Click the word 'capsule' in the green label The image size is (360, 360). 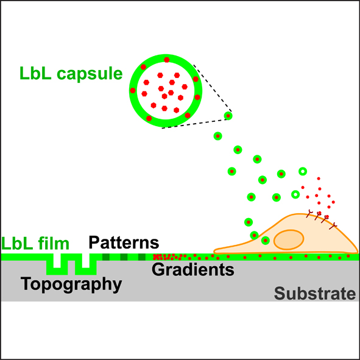click(x=90, y=74)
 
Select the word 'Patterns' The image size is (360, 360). click(x=124, y=242)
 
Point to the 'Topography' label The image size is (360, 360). click(x=71, y=284)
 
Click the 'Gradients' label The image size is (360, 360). click(x=193, y=269)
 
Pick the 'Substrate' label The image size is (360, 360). click(x=315, y=293)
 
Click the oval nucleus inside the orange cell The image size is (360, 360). click(x=289, y=239)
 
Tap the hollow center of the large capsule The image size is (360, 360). click(x=166, y=91)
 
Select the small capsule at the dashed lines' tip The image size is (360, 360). click(x=228, y=116)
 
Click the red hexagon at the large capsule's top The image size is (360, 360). click(x=167, y=60)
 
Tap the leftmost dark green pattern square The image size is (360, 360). click(x=106, y=257)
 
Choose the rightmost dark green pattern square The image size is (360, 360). click(x=142, y=257)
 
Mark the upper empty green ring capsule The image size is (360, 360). click(x=303, y=171)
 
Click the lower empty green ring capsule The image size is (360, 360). click(x=295, y=194)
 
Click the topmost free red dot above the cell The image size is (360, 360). click(x=319, y=178)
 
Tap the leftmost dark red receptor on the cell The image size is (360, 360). click(x=309, y=214)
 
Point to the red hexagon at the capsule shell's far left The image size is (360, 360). click(x=133, y=91)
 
